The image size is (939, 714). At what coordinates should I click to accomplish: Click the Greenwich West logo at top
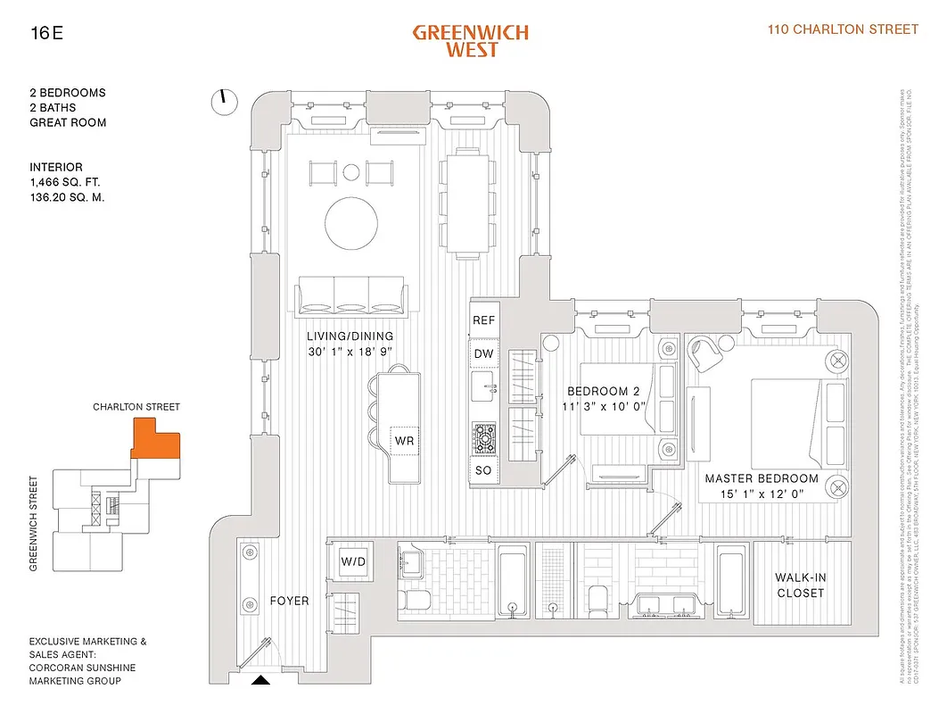(x=470, y=40)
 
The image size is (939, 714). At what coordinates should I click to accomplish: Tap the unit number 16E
(x=45, y=36)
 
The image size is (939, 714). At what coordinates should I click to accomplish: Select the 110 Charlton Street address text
(x=843, y=29)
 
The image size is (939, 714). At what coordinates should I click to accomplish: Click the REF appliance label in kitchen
(x=483, y=320)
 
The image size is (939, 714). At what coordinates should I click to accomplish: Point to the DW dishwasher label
(x=483, y=354)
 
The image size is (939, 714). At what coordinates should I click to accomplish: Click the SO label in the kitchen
(x=483, y=470)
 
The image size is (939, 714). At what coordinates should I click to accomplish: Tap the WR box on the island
(x=404, y=441)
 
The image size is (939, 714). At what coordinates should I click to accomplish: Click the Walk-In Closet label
(x=800, y=585)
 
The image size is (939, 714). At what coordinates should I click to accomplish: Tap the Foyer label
(x=290, y=601)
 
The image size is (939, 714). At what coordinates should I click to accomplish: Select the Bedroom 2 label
(x=604, y=391)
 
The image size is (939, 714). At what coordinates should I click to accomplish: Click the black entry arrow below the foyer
(x=260, y=680)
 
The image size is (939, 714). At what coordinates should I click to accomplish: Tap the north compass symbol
(x=224, y=102)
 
